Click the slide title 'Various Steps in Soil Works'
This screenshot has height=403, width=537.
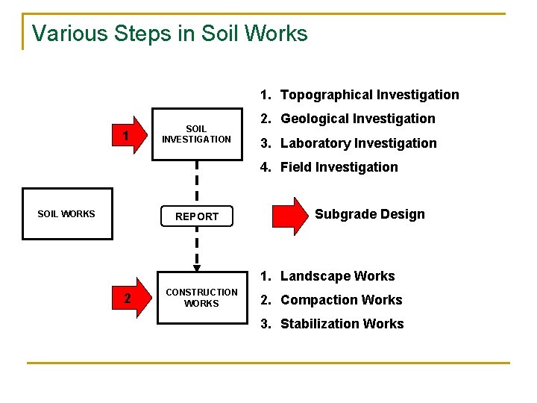coord(169,34)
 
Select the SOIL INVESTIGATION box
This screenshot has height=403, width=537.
coord(197,134)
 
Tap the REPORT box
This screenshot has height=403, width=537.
coord(197,216)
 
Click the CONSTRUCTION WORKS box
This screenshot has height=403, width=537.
coord(201,298)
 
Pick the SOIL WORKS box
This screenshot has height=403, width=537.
coord(67,214)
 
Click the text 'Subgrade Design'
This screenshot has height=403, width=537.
coord(369,214)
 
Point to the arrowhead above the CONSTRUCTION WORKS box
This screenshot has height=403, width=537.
coord(197,268)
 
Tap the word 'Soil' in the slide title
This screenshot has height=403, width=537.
coord(223,34)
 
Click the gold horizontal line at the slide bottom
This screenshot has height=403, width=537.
coord(268,363)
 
